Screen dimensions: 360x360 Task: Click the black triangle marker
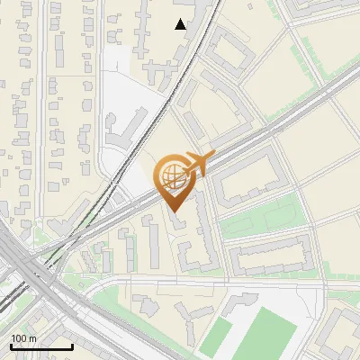(x=181, y=24)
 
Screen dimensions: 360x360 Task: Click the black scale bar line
(x=41, y=347)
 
